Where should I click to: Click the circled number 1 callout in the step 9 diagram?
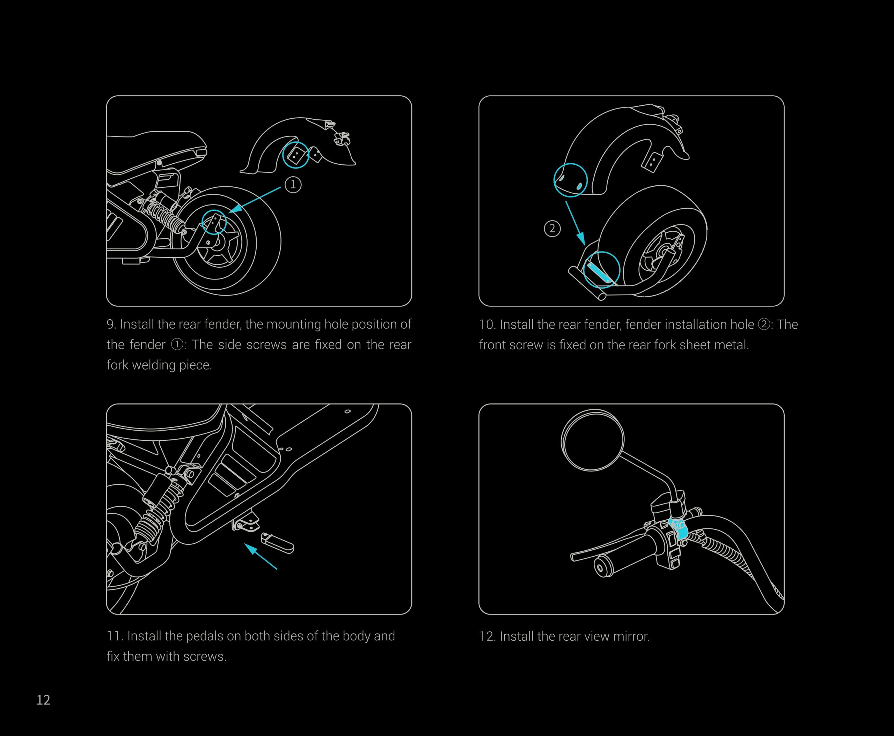coord(293,185)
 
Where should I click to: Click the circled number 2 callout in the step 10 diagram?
coord(552,229)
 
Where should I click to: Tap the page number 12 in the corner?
coord(43,700)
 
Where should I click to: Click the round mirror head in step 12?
coord(593,440)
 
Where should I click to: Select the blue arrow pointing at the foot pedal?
coord(261,557)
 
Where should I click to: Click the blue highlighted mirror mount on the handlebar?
coord(677,527)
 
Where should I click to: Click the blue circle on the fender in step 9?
coord(296,155)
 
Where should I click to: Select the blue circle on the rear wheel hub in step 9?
coord(214,222)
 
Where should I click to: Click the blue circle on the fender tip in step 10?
coord(571,180)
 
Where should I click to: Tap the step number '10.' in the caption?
coord(488,325)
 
